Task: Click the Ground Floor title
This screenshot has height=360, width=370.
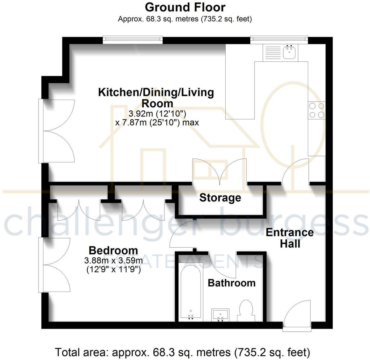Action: pyautogui.click(x=185, y=7)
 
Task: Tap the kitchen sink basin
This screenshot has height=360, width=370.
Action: pyautogui.click(x=290, y=52)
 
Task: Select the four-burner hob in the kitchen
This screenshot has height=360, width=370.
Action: pyautogui.click(x=317, y=110)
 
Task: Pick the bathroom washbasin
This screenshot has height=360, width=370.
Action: pyautogui.click(x=220, y=314)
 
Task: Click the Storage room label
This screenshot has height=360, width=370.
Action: pyautogui.click(x=220, y=198)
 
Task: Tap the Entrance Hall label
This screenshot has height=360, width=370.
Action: pyautogui.click(x=289, y=238)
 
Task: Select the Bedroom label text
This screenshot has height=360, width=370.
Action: pyautogui.click(x=113, y=250)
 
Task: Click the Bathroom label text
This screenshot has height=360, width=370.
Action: pyautogui.click(x=231, y=283)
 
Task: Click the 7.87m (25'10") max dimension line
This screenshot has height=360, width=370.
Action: pyautogui.click(x=157, y=122)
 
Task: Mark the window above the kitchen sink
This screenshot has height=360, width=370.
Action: pyautogui.click(x=279, y=39)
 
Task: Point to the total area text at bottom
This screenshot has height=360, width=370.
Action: pyautogui.click(x=182, y=352)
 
